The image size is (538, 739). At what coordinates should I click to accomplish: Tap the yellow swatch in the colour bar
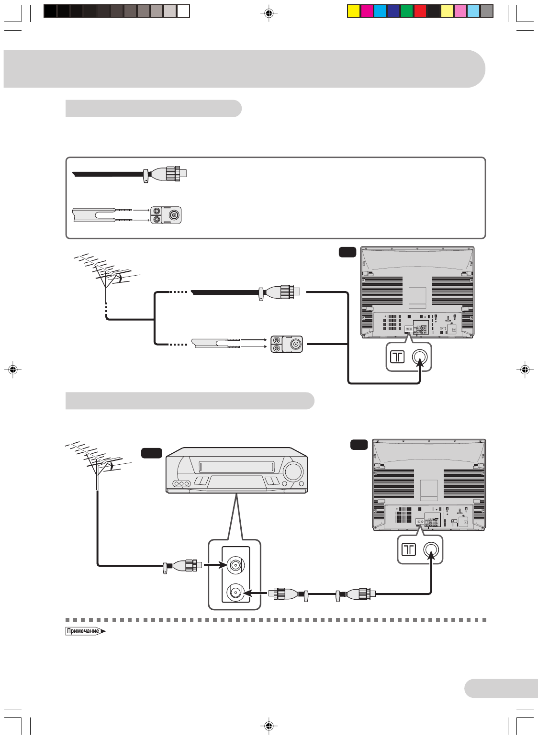[354, 11]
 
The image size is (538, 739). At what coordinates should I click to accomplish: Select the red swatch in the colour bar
[420, 11]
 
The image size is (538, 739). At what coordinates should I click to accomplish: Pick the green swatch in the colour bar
[407, 11]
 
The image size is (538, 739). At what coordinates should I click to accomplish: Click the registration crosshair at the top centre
[269, 13]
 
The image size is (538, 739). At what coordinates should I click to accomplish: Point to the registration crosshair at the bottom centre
[269, 726]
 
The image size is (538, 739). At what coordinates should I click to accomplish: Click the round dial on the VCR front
[292, 472]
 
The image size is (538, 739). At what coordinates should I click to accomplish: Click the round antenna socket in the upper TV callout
[419, 357]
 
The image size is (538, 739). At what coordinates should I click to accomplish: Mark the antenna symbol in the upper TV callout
[397, 357]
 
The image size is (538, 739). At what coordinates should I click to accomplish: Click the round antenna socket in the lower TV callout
[431, 549]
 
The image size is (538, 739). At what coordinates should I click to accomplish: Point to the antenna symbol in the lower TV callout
[409, 549]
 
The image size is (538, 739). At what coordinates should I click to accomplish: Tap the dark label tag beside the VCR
[151, 453]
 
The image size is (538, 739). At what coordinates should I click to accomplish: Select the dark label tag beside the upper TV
[347, 252]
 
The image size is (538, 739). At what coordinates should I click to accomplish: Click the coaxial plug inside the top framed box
[168, 173]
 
